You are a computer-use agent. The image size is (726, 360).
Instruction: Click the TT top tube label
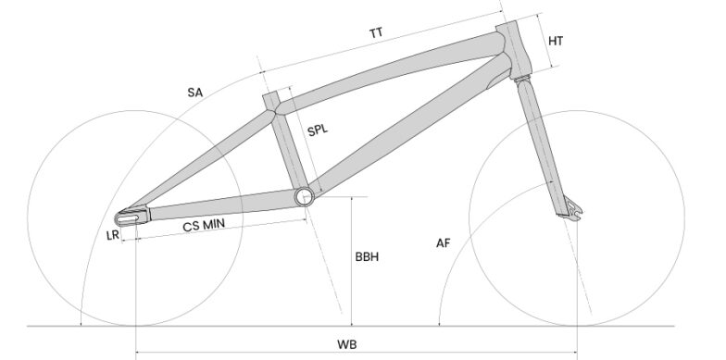[376, 33]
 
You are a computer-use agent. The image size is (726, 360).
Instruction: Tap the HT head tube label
[557, 42]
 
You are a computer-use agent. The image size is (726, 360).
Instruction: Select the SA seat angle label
[194, 92]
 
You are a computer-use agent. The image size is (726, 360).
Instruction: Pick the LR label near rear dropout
[113, 236]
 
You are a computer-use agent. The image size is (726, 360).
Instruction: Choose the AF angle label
[444, 243]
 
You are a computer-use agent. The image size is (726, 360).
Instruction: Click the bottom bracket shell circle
[305, 195]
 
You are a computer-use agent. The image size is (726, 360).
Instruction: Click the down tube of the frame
[407, 130]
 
